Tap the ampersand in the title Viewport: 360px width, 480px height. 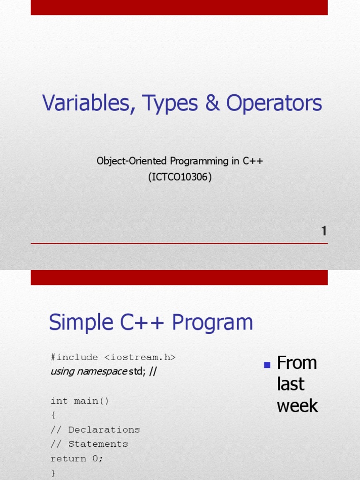click(x=212, y=104)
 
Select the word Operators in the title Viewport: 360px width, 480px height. click(x=274, y=104)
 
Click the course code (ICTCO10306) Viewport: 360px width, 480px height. click(x=180, y=178)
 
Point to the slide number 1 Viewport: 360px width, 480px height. click(x=323, y=231)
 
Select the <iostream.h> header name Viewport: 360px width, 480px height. click(x=140, y=357)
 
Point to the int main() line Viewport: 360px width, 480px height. click(x=80, y=401)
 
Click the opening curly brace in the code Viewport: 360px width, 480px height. click(x=53, y=415)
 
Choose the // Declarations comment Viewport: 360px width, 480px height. click(x=95, y=430)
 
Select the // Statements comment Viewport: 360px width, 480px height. click(x=89, y=444)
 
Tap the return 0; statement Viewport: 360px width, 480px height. click(x=77, y=458)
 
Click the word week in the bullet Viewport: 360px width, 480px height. click(x=297, y=406)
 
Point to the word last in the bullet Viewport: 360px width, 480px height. click(x=291, y=384)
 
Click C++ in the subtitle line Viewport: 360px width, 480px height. click(x=253, y=161)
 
